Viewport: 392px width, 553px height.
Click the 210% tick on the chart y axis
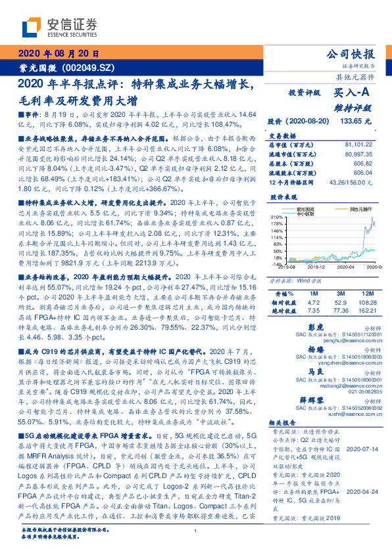coord(276,217)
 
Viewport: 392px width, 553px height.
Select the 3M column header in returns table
coord(341,292)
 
